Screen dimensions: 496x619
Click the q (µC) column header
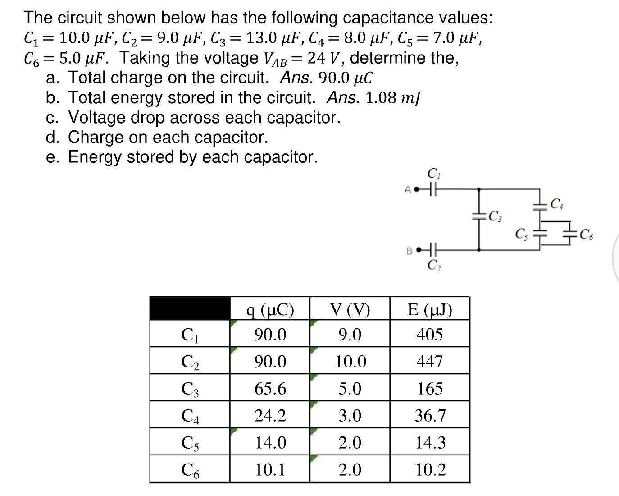[x=270, y=309]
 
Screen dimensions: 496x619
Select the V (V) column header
[x=350, y=309]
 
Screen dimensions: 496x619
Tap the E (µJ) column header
[x=429, y=309]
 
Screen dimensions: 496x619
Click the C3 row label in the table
[x=190, y=389]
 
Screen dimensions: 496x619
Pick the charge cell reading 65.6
[x=270, y=389]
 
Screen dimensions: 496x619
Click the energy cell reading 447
[x=429, y=362]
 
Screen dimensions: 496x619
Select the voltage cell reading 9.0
[x=350, y=335]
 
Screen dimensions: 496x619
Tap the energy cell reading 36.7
[x=429, y=416]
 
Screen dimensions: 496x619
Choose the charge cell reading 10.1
[x=270, y=470]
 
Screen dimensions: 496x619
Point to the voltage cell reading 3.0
[x=350, y=416]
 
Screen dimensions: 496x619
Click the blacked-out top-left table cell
[x=190, y=309]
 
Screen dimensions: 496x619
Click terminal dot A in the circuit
[x=416, y=189]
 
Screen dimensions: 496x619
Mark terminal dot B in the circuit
[x=418, y=249]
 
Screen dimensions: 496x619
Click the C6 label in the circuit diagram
[x=587, y=234]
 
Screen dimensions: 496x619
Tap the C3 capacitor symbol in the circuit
[x=478, y=216]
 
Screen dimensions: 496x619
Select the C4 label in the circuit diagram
[x=557, y=204]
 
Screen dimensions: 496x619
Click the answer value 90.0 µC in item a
[x=345, y=78]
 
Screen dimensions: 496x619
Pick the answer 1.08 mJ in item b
[x=392, y=98]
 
